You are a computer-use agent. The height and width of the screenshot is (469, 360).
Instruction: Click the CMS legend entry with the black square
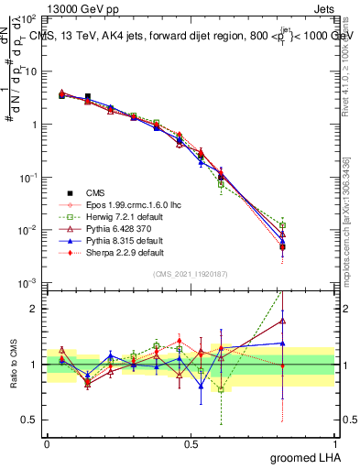(92, 192)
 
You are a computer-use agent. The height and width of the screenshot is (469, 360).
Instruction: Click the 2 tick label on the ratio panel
(34, 309)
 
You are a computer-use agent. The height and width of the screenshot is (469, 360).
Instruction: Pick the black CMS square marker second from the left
(88, 96)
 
